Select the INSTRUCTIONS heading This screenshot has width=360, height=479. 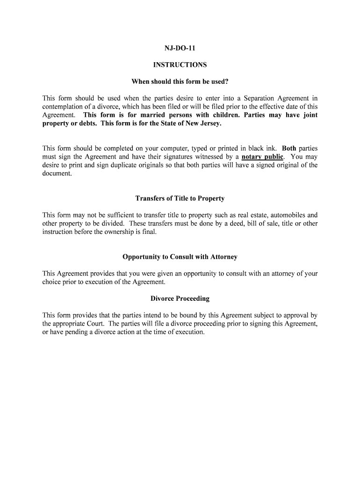(x=180, y=65)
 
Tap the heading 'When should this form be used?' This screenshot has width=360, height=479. (x=180, y=82)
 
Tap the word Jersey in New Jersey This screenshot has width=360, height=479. (x=209, y=123)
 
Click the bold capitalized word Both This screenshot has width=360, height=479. (x=289, y=148)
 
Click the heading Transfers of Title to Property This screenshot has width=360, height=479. (x=180, y=198)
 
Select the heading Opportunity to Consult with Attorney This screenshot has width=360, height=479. (x=180, y=257)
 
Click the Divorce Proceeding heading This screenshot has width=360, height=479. (x=180, y=298)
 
